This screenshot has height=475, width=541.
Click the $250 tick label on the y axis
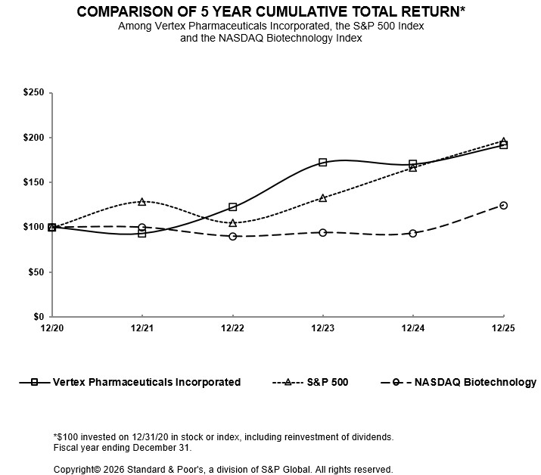point(34,93)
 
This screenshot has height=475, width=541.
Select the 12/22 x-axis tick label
point(232,328)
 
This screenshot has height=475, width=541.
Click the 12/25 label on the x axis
point(503,328)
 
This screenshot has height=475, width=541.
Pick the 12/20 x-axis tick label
point(51,328)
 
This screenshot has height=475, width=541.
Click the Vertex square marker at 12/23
point(323,163)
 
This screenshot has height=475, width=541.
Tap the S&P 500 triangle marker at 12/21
point(142,202)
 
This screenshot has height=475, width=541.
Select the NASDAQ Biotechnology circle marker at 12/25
point(503,205)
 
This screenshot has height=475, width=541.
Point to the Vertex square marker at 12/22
point(232,206)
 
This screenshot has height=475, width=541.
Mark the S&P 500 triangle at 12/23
point(323,198)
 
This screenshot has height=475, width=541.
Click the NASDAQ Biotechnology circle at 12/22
point(232,236)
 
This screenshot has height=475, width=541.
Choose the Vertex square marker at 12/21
point(142,234)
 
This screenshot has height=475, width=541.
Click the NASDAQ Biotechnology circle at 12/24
point(412,233)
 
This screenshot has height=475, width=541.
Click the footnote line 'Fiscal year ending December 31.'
point(123,448)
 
